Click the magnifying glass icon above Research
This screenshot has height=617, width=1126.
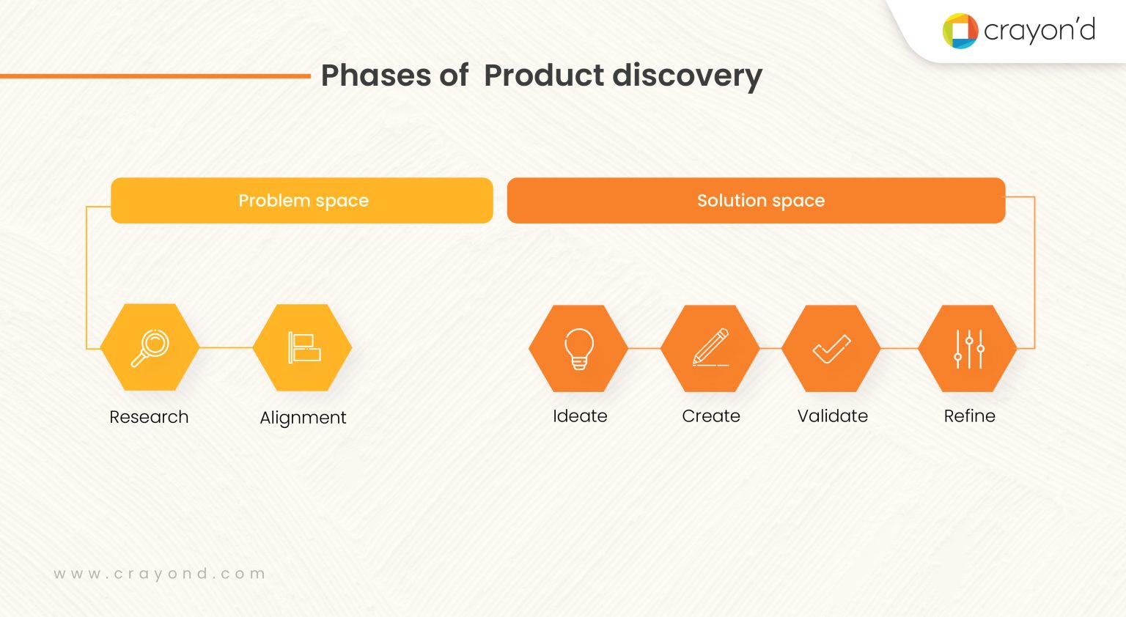pos(150,348)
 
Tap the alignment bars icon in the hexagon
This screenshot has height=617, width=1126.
pos(303,348)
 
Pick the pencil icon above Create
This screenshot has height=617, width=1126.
pos(710,348)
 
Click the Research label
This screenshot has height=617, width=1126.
pos(149,417)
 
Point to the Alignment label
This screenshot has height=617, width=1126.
pos(303,418)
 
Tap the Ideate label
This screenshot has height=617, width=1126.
pos(580,416)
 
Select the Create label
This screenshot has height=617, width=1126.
pos(710,416)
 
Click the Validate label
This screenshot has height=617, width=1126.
pos(832,416)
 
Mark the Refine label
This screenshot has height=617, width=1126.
pos(969,416)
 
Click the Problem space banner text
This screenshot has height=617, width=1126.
pos(303,201)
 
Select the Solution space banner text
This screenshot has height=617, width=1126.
pos(760,201)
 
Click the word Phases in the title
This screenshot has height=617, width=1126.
pos(375,75)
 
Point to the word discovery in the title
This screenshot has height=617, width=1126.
pos(687,75)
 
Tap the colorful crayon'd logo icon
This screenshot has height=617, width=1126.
pos(960,31)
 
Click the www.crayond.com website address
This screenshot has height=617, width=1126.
pos(159,574)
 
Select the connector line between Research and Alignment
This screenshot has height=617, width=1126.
pos(226,348)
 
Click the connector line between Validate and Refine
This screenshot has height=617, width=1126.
pos(899,349)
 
